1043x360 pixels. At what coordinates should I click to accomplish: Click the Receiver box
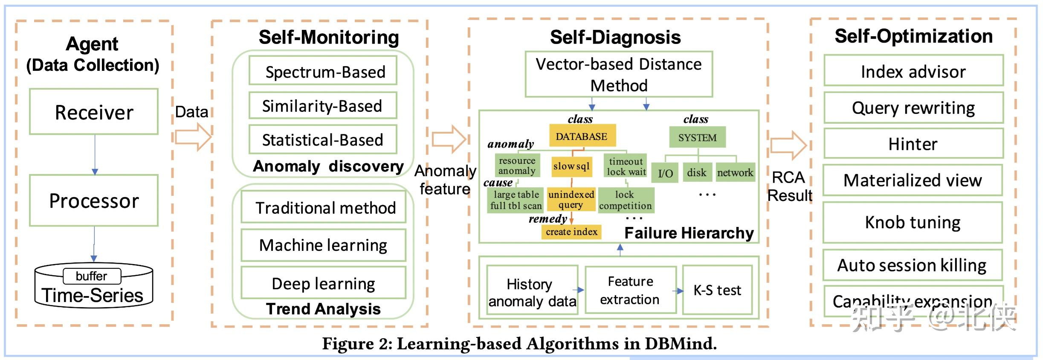[94, 112]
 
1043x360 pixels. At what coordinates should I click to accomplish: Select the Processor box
[94, 200]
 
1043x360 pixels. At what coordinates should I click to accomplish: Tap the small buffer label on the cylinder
[92, 276]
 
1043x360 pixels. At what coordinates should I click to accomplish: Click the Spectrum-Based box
[323, 71]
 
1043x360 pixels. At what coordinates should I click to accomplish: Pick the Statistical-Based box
[323, 139]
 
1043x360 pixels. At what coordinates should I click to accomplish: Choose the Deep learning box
[323, 283]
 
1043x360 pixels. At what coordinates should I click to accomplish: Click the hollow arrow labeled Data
[193, 137]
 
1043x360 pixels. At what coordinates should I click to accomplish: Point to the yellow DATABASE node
[582, 136]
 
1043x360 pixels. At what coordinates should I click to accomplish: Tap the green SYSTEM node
[697, 137]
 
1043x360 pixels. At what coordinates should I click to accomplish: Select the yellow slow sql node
[571, 166]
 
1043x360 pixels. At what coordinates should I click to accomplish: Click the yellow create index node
[571, 232]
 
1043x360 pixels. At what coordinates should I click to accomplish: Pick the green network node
[735, 172]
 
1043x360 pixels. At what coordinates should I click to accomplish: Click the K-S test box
[717, 290]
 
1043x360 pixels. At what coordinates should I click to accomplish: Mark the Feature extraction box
[630, 290]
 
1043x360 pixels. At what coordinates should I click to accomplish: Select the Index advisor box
[913, 71]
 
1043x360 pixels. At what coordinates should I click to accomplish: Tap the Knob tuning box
[913, 222]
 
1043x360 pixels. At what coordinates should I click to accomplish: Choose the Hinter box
[913, 144]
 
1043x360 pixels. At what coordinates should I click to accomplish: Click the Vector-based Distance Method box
[618, 75]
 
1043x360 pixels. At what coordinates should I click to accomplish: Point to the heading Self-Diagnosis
[615, 37]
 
